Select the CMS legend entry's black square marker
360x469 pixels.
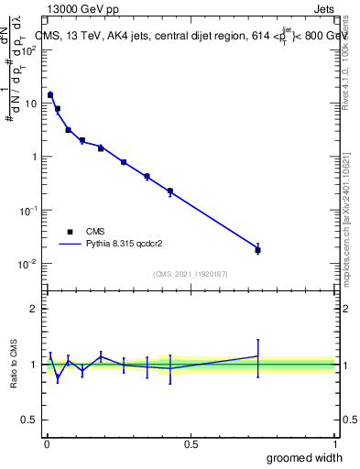click(70, 232)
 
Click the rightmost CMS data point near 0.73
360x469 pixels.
click(257, 249)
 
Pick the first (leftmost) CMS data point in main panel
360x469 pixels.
click(50, 94)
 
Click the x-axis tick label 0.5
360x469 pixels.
click(191, 444)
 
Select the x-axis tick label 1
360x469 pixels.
click(334, 444)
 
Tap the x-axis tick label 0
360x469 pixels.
click(47, 444)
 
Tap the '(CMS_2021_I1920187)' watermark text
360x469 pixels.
click(191, 273)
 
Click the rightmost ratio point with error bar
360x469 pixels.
click(257, 356)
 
